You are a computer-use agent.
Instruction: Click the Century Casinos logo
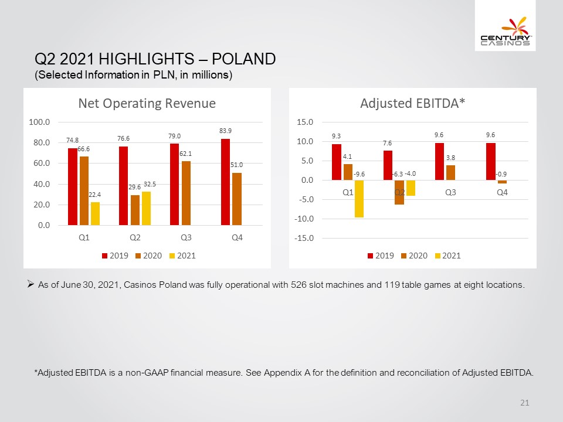point(505,31)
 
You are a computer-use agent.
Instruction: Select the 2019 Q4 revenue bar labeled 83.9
point(225,182)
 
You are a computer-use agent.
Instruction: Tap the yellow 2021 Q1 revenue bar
point(95,213)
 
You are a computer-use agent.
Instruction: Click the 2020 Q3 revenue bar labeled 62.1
point(186,193)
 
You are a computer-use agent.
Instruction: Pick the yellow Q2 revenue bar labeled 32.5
point(146,209)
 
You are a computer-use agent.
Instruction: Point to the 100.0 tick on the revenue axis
point(39,122)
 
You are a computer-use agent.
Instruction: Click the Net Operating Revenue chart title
point(147,103)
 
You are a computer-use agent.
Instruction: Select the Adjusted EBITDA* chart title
point(412,103)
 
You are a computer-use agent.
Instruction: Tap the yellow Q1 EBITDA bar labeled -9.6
point(359,199)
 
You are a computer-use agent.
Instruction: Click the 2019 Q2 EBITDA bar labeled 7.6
point(388,165)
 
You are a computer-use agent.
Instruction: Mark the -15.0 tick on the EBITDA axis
point(304,239)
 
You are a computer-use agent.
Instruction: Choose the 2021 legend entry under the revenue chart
point(183,256)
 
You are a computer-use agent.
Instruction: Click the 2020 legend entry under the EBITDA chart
point(414,256)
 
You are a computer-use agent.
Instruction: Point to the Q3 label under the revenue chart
point(186,237)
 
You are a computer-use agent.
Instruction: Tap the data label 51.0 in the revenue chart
point(236,165)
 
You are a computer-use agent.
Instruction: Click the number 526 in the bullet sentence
point(298,285)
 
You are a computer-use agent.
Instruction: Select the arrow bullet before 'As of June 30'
point(30,285)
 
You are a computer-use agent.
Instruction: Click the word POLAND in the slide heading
point(244,59)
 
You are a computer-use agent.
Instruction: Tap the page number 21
point(524,403)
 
